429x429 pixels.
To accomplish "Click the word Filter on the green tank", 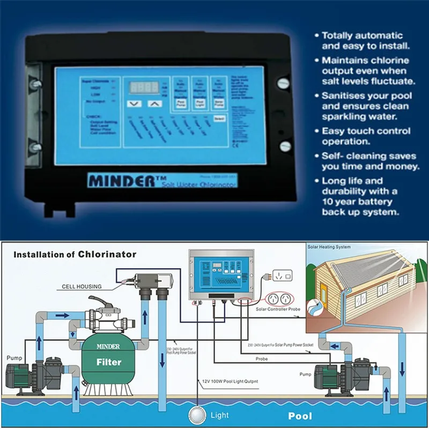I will (x=108, y=361).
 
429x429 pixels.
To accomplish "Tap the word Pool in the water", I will (x=300, y=416).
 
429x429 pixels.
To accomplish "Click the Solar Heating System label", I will (x=329, y=247).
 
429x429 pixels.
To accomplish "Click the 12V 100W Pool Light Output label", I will (x=231, y=380).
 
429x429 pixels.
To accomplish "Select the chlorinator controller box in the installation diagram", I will (x=220, y=277).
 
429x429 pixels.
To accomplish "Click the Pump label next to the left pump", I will (x=14, y=357).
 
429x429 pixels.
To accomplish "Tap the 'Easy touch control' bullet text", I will (x=366, y=131).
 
